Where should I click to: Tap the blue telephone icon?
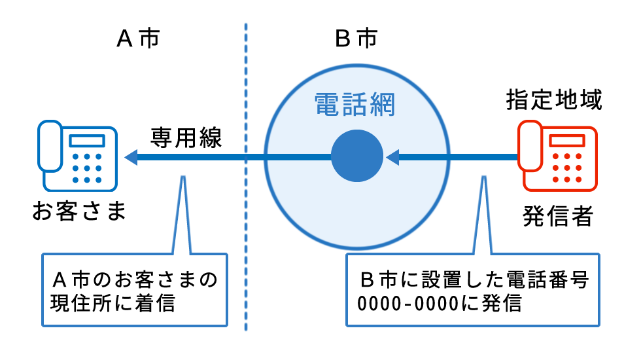pyautogui.click(x=77, y=155)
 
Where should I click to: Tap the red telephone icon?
pyautogui.click(x=557, y=155)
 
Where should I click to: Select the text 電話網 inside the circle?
pyautogui.click(x=355, y=105)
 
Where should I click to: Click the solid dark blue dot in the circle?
pyautogui.click(x=356, y=157)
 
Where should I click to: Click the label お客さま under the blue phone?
pyautogui.click(x=78, y=211)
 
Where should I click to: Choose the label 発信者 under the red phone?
pyautogui.click(x=557, y=215)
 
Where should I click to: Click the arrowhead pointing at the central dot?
pyautogui.click(x=392, y=157)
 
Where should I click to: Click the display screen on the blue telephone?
pyautogui.click(x=86, y=140)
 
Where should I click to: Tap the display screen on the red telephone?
pyautogui.click(x=566, y=140)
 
